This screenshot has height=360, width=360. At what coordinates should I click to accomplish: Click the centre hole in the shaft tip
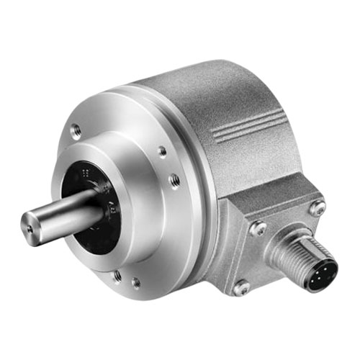pos(30,229)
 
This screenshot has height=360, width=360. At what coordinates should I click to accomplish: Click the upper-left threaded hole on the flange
pos(76,131)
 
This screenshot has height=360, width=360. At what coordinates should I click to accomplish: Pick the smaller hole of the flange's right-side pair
pos(163,151)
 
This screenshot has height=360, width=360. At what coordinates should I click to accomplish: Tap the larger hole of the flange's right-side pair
pos(174,180)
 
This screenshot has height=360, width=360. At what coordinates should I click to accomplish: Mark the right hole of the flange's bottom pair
pos(136,282)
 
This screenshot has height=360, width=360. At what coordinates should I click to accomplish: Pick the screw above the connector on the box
pos(318,209)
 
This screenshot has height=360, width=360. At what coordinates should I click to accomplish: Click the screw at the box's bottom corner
pos(240,287)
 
